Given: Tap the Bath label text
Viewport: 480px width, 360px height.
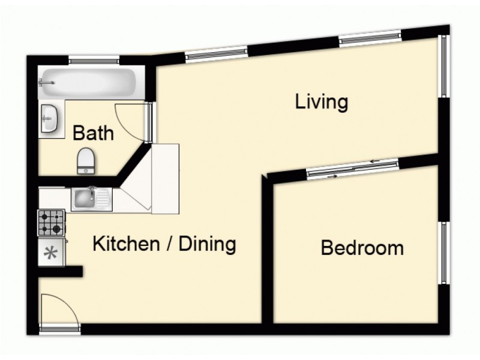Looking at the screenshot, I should pos(93,133).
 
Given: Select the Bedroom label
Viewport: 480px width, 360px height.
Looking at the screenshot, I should pos(362,247).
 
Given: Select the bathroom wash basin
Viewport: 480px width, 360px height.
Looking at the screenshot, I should pos(49,118).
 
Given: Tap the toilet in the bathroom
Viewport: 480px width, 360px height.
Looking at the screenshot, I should pos(86,159).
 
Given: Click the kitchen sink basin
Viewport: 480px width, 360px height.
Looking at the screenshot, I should pos(85,199).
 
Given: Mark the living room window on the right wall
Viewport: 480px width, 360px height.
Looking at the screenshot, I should pos(444,66).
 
